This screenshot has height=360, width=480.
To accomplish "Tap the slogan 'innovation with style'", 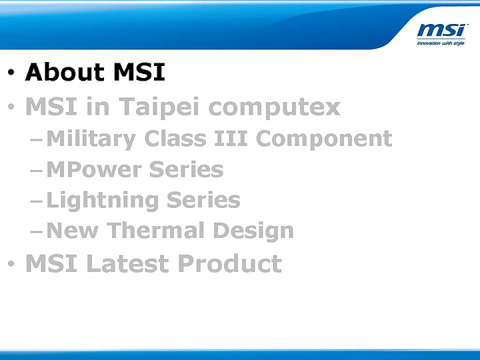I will [x=441, y=43].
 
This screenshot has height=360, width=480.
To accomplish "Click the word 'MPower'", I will [x=93, y=169].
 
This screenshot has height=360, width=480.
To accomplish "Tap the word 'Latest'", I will [x=129, y=264].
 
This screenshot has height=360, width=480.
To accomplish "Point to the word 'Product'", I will [x=230, y=264].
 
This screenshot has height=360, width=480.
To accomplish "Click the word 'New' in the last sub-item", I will [x=73, y=231].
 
